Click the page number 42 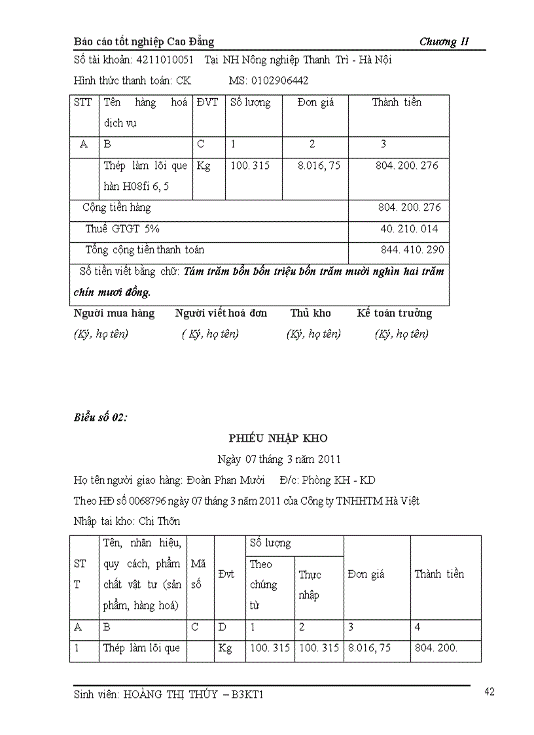pos(489,692)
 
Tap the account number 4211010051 pos(164,60)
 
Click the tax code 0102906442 pos(277,81)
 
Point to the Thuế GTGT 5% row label pos(122,229)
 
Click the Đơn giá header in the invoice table pos(315,103)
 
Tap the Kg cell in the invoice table pos(204,166)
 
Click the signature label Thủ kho pos(311,313)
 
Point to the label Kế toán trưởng pos(395,313)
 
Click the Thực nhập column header pos(310,584)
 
